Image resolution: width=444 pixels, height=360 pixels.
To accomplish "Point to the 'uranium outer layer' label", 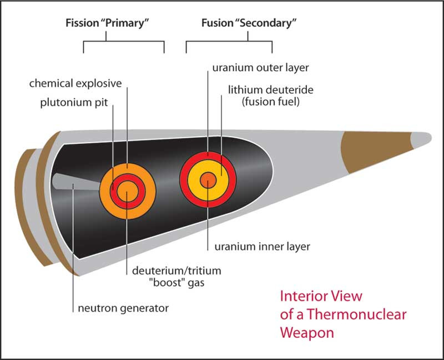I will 260,68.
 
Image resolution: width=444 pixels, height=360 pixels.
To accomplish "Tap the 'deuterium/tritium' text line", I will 176,271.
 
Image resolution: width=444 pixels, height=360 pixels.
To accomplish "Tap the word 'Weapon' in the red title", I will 308,333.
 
